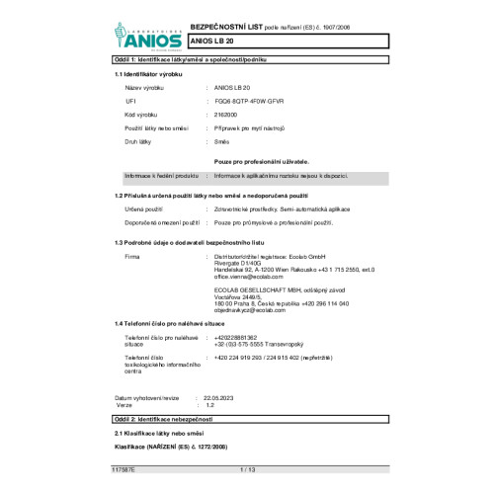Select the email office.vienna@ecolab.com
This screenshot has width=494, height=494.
click(247, 279)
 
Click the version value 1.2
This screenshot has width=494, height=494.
click(209, 405)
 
